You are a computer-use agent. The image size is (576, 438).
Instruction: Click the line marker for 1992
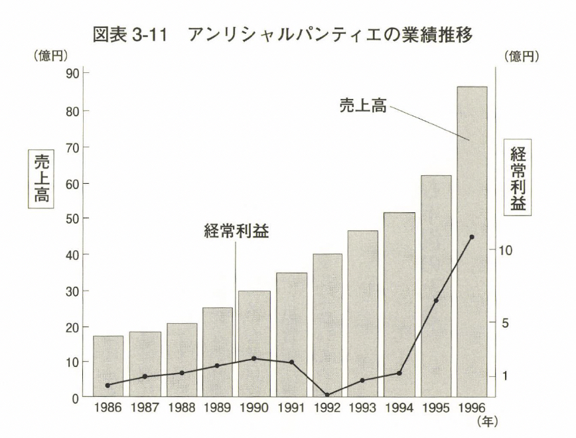coord(327,395)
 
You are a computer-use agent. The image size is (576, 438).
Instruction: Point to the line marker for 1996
coord(472,237)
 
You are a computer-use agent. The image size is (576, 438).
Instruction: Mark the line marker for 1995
coord(436,301)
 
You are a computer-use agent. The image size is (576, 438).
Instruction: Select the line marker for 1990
coord(254,358)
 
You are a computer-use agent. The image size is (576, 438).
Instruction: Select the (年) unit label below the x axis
coord(486,421)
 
